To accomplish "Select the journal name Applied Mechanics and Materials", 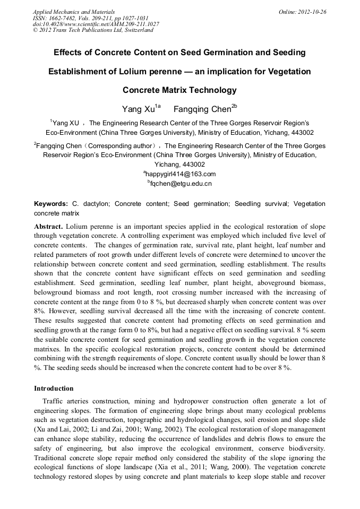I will tap(74, 12).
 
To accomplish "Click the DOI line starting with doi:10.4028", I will tap(96, 24).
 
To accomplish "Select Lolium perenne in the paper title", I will tap(161, 72).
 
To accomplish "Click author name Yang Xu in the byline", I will tap(139, 110).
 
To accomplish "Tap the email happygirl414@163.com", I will tap(181, 174).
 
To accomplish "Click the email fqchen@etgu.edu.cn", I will tap(181, 184).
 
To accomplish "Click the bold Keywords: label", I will tap(51, 204).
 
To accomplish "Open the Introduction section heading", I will tap(54, 389).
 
